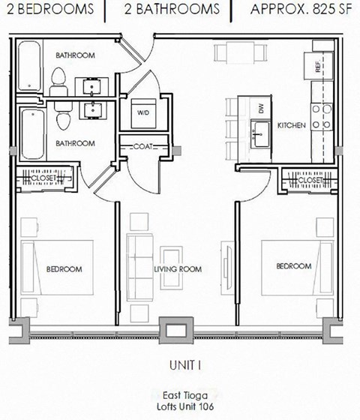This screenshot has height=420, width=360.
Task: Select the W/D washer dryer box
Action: coord(142,112)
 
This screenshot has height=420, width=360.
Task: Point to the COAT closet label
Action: coord(145,147)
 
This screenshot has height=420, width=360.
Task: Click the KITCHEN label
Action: coord(291,125)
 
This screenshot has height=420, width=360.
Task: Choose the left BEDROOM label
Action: coord(64,268)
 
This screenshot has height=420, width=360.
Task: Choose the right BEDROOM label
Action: coord(293,265)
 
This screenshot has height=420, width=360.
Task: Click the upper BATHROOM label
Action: coord(75,55)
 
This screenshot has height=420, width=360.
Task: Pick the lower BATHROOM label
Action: coord(75,143)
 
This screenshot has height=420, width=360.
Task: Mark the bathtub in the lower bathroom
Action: coord(30,132)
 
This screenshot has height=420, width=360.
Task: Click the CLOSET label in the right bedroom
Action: coord(310,181)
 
